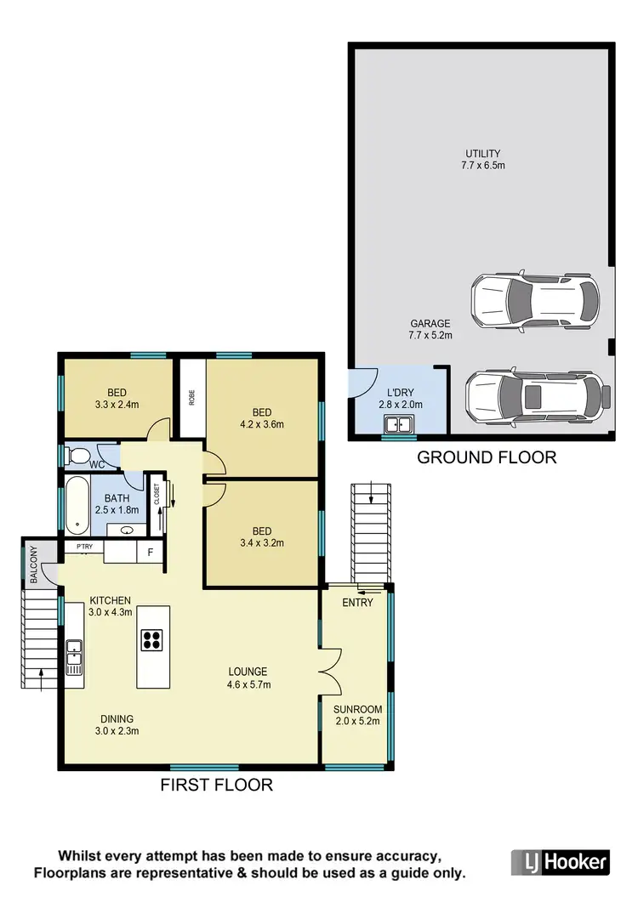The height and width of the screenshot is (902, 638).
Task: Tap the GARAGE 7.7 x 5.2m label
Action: [x=430, y=329]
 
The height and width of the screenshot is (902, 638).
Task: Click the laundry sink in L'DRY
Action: [x=397, y=424]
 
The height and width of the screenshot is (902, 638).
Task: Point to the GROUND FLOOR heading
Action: [x=487, y=457]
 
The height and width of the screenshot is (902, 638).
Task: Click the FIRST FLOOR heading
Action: [x=217, y=785]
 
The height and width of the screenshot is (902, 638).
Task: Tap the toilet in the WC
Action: [x=77, y=457]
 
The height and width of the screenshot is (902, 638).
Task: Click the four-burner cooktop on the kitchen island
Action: [x=152, y=638]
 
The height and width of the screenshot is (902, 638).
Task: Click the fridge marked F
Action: [x=151, y=552]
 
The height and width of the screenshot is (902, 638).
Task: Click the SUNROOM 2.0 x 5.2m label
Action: [x=358, y=715]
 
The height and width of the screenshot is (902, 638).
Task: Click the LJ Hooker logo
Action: [x=560, y=862]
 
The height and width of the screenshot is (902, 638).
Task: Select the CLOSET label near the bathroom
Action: [x=157, y=496]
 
